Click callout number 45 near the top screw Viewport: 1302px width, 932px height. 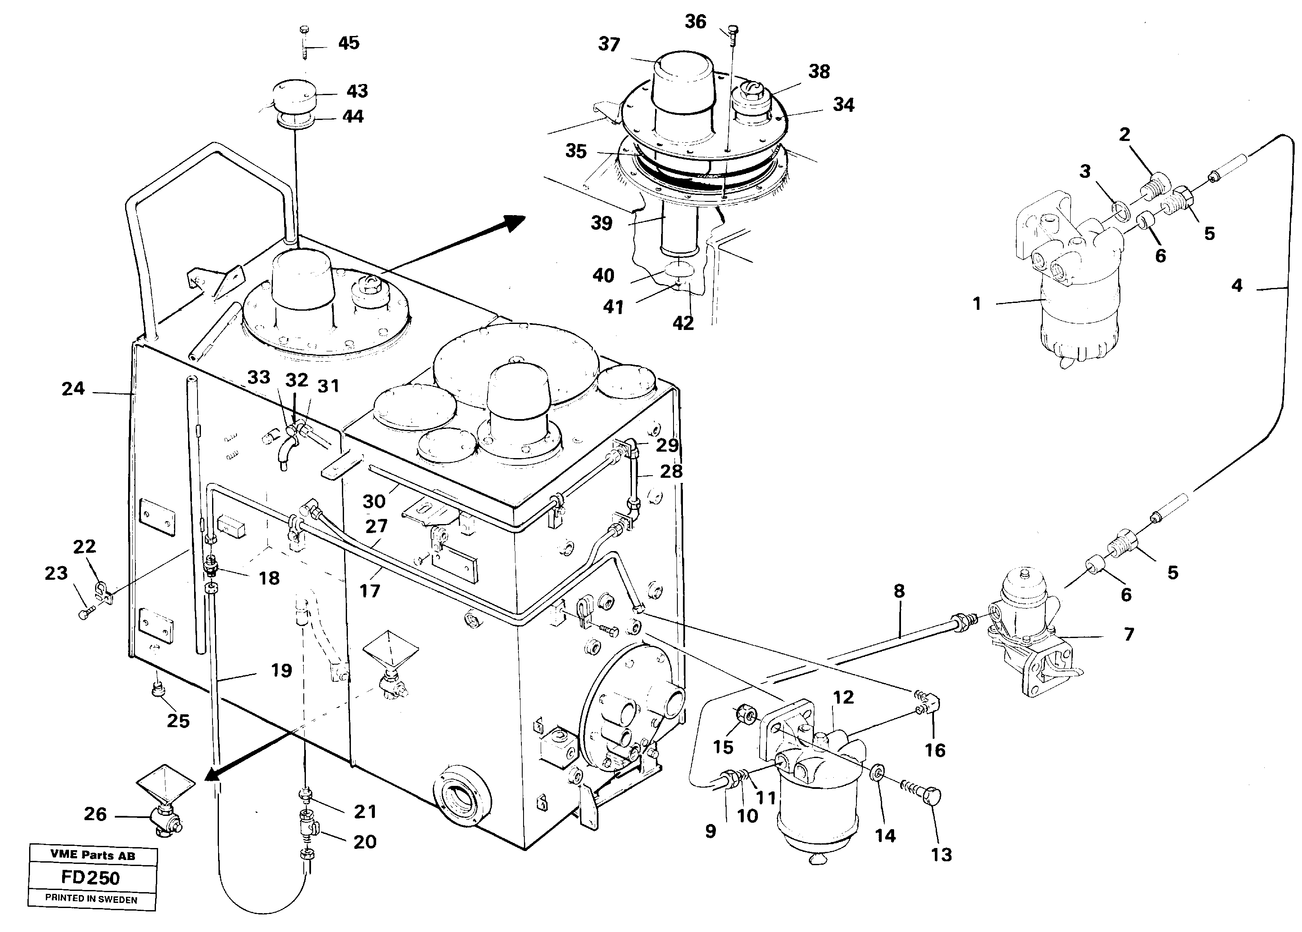tap(348, 43)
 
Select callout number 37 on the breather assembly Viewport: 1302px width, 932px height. tap(609, 45)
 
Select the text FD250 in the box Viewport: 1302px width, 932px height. tap(91, 878)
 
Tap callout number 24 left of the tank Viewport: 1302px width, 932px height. tap(73, 389)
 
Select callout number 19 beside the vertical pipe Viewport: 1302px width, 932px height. tap(281, 670)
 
